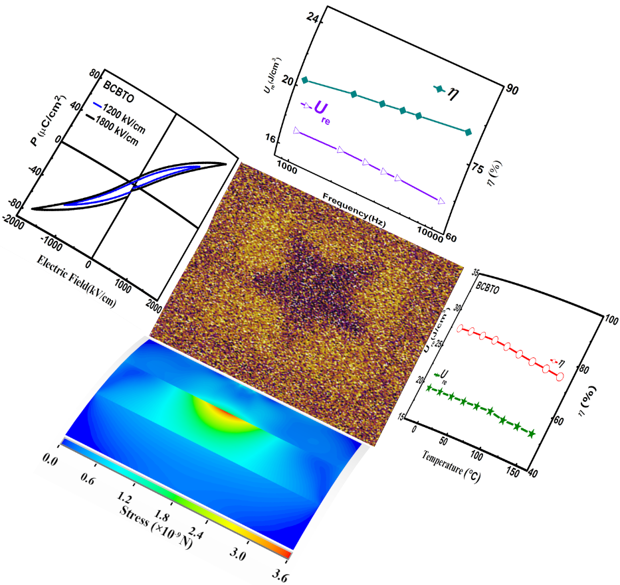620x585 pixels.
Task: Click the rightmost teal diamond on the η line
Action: point(468,133)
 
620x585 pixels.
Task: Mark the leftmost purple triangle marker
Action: point(297,130)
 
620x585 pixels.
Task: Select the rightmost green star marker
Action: point(531,434)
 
